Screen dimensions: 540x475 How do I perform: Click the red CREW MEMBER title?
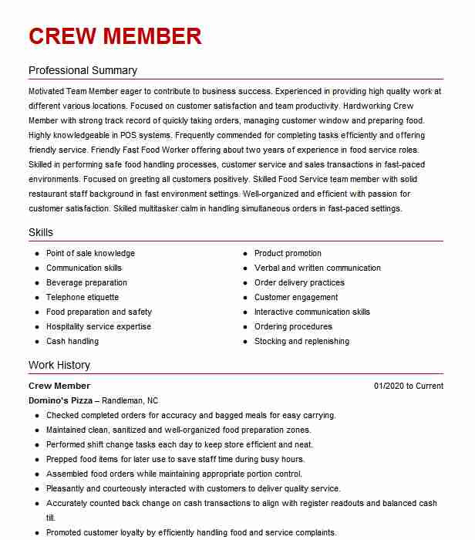point(115,36)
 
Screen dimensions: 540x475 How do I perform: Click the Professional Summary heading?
point(83,70)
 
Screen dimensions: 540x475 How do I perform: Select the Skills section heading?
point(41,232)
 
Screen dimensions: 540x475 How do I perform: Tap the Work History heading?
point(59,365)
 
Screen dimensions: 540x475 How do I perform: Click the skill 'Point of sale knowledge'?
point(90,253)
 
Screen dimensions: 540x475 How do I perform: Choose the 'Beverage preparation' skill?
point(86,282)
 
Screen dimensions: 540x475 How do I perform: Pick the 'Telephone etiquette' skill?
point(83,297)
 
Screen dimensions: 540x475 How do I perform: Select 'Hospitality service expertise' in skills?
point(99,326)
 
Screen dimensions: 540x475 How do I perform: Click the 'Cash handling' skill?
point(72,341)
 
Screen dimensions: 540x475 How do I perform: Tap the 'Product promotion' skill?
point(288,253)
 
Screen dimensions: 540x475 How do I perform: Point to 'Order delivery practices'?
point(299,282)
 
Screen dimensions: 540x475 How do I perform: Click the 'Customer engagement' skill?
point(296,297)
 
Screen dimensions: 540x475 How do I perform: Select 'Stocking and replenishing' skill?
point(302,341)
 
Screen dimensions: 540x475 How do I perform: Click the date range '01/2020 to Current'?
point(409,386)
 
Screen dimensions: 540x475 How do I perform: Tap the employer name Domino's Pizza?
point(60,400)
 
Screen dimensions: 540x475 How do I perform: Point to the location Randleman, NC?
point(130,400)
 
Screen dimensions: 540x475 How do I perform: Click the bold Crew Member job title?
point(59,386)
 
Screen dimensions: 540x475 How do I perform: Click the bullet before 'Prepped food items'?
point(37,460)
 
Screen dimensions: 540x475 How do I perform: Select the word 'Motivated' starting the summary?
point(49,91)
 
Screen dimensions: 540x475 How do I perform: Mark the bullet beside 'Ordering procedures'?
point(245,326)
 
